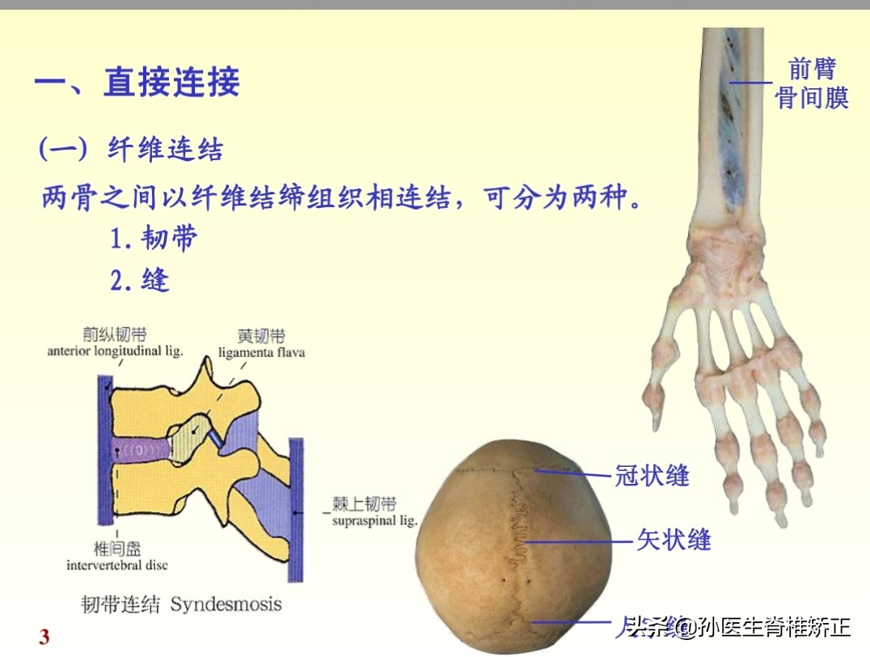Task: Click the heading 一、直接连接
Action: coord(137,83)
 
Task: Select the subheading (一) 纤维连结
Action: coord(132,149)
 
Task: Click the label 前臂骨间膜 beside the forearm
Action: coord(811,83)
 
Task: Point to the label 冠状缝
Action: coord(652,475)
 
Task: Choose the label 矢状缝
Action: coord(673,539)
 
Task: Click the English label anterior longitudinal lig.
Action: coord(116,351)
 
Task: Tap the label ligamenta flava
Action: coord(261,353)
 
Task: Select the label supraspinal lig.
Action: coord(375,521)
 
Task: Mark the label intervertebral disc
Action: coord(117,565)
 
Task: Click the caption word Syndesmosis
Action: coord(226,604)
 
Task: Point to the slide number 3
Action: coord(44,637)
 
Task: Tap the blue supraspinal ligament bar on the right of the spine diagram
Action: coord(296,510)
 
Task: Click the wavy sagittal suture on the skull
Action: coord(517,534)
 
